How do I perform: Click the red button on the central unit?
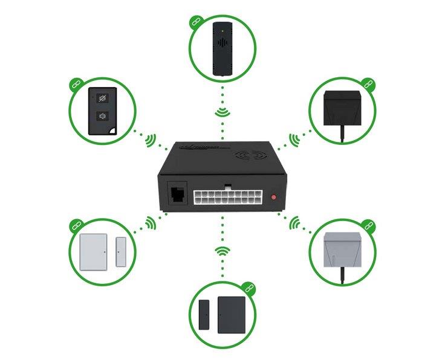[x=274, y=197]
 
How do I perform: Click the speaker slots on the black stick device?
[x=223, y=44]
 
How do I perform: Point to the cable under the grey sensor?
[x=343, y=277]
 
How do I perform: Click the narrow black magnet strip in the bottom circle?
[x=203, y=314]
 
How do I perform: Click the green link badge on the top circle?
[x=195, y=21]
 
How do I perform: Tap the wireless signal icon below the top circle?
[x=223, y=112]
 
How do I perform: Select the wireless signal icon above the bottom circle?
[x=223, y=250]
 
